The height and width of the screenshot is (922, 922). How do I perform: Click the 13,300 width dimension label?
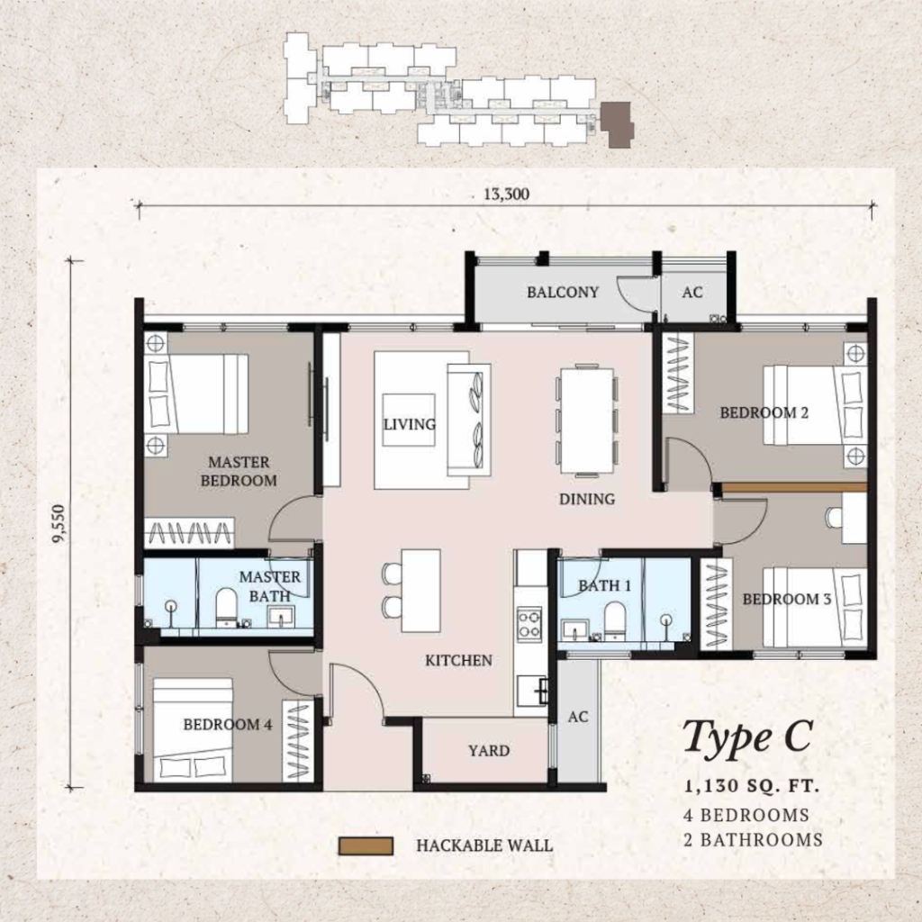pyautogui.click(x=506, y=194)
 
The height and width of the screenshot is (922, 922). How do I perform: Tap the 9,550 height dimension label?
pyautogui.click(x=59, y=523)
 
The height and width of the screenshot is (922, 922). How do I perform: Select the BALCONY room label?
pyautogui.click(x=563, y=293)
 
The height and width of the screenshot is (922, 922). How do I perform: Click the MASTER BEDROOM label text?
pyautogui.click(x=239, y=472)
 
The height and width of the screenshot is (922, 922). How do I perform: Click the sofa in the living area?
pyautogui.click(x=468, y=420)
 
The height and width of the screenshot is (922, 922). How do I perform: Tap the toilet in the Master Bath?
pyautogui.click(x=226, y=608)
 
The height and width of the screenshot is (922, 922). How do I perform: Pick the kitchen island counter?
pyautogui.click(x=421, y=591)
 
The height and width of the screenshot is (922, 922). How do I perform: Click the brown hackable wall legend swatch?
pyautogui.click(x=366, y=846)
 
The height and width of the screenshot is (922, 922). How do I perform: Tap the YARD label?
pyautogui.click(x=489, y=751)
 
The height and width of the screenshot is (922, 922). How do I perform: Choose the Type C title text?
pyautogui.click(x=747, y=737)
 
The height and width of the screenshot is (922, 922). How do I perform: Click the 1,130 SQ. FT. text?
pyautogui.click(x=752, y=786)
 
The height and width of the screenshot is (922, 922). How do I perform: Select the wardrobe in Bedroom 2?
pyautogui.click(x=678, y=373)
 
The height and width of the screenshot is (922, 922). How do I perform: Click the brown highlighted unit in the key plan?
pyautogui.click(x=618, y=123)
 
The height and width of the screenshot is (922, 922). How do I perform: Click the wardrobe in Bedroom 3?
pyautogui.click(x=716, y=604)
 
